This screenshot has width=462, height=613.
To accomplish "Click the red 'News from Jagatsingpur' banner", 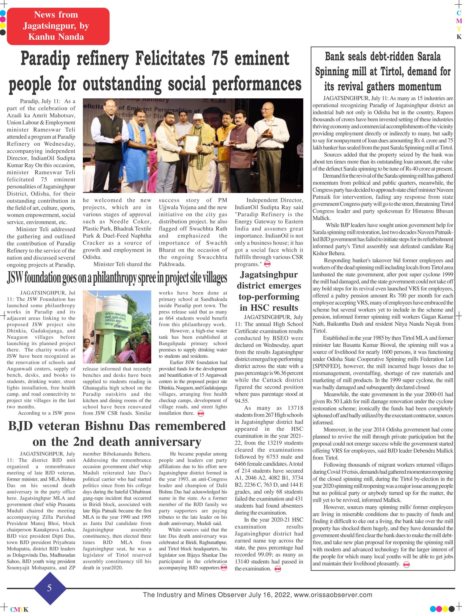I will click(58, 26).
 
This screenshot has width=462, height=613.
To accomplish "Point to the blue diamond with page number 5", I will click(50, 588).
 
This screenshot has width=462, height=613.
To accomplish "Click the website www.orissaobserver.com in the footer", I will click(333, 595).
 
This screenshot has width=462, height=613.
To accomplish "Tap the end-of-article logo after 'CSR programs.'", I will click(267, 264).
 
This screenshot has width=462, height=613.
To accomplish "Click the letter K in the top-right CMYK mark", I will click(459, 37).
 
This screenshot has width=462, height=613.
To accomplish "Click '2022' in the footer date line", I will click(282, 595).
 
